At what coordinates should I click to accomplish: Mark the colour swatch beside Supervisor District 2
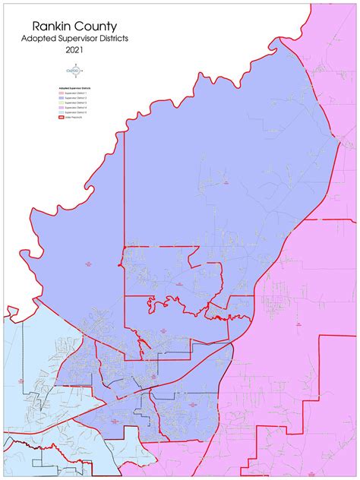tap(62, 99)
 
